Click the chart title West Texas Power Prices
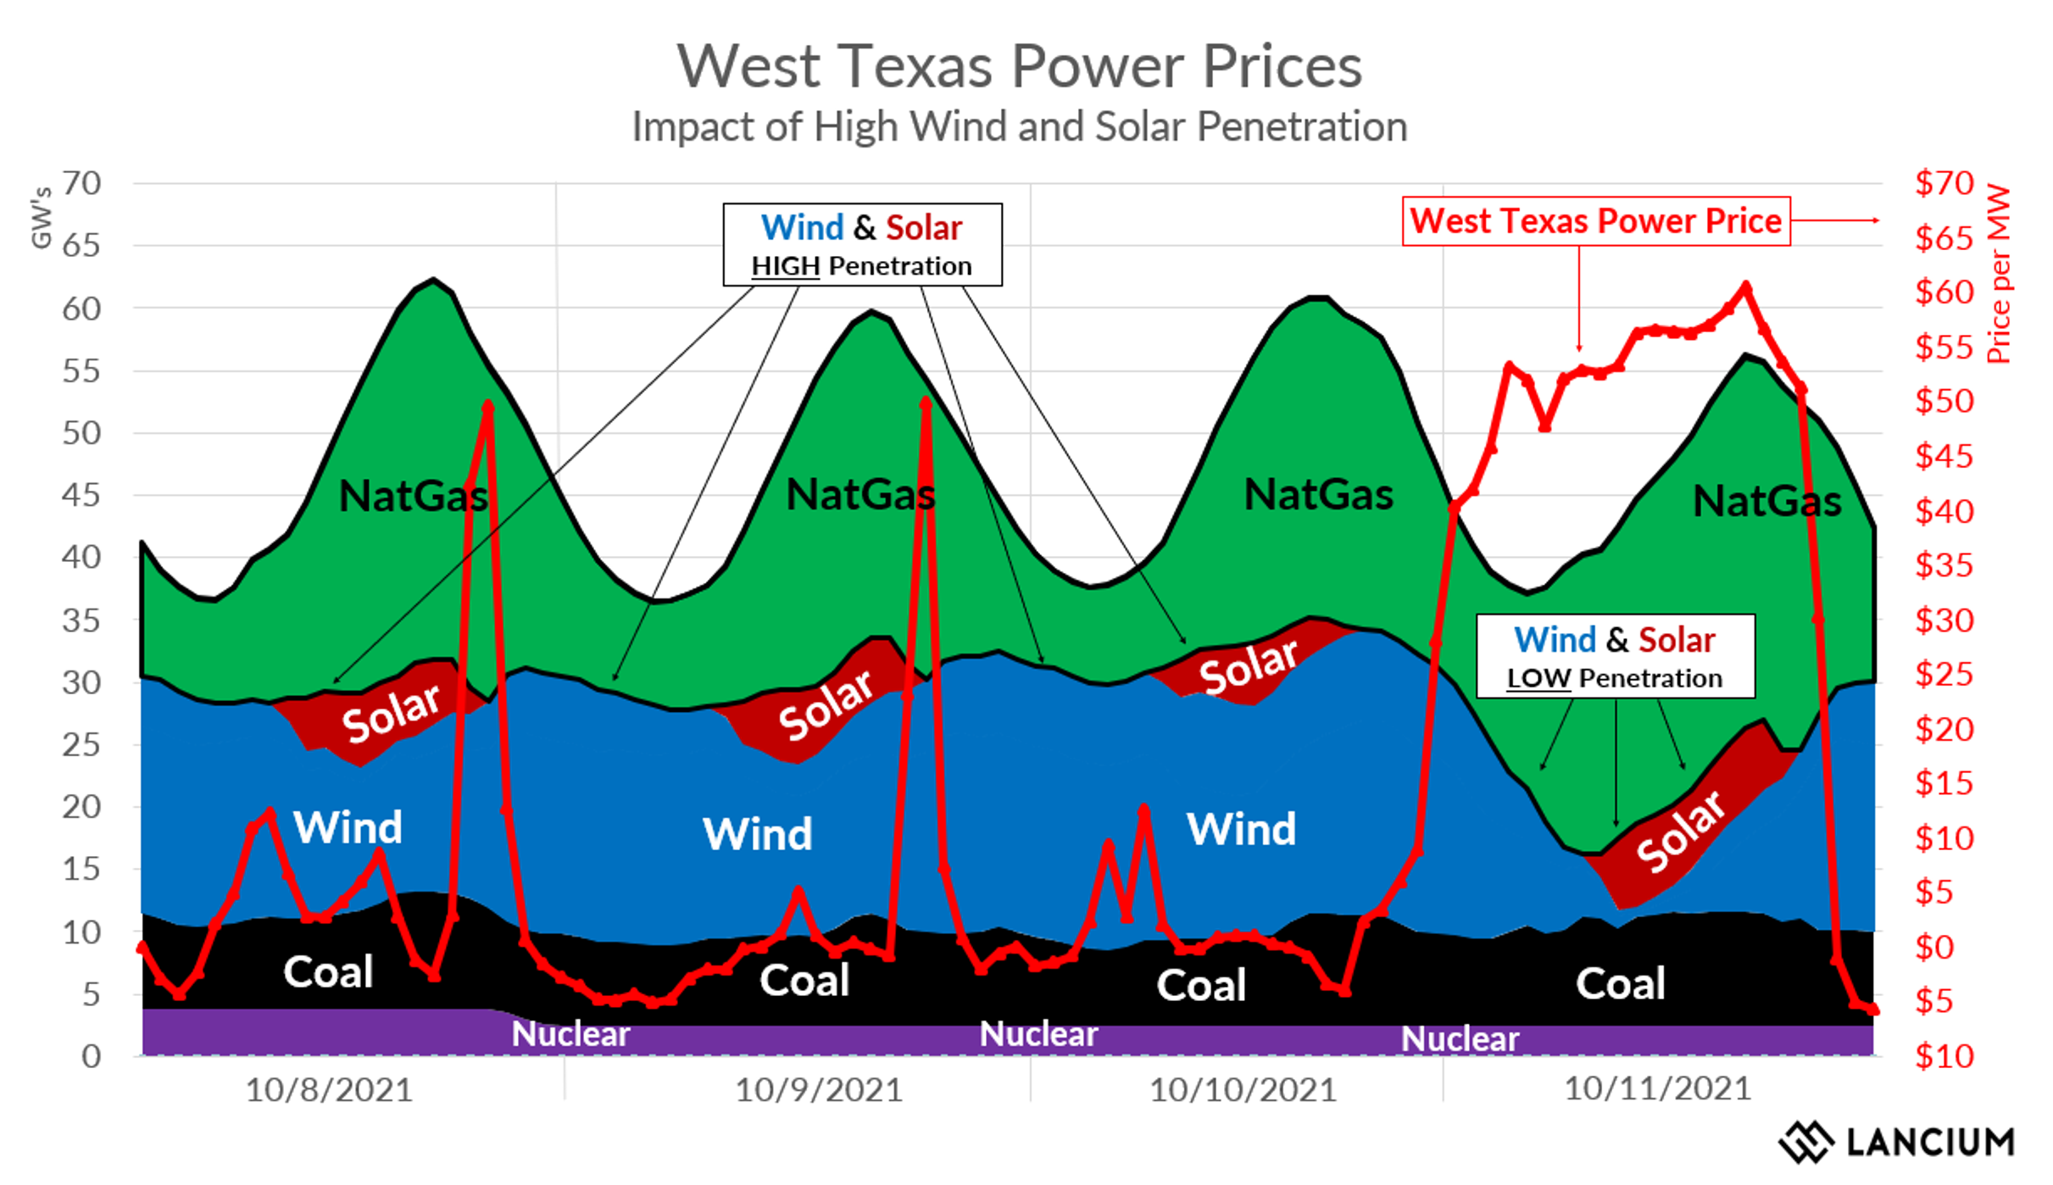pyautogui.click(x=1019, y=66)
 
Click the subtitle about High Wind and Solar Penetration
pyautogui.click(x=1019, y=127)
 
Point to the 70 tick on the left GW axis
pyautogui.click(x=81, y=183)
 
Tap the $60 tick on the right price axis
pyautogui.click(x=1945, y=292)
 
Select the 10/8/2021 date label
pyautogui.click(x=329, y=1090)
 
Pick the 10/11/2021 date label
pyautogui.click(x=1657, y=1088)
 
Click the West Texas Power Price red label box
pyautogui.click(x=1595, y=221)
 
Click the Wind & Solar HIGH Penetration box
pyautogui.click(x=862, y=244)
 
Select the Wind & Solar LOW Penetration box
pyautogui.click(x=1615, y=657)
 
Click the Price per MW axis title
pyautogui.click(x=1999, y=275)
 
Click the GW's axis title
pyautogui.click(x=41, y=218)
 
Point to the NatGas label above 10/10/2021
pyautogui.click(x=1318, y=494)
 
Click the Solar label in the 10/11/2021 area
pyautogui.click(x=1679, y=832)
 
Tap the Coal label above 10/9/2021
pyautogui.click(x=804, y=981)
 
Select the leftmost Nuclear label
pyautogui.click(x=570, y=1034)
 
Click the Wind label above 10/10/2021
pyautogui.click(x=1241, y=828)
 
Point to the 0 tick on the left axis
pyautogui.click(x=92, y=1056)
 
